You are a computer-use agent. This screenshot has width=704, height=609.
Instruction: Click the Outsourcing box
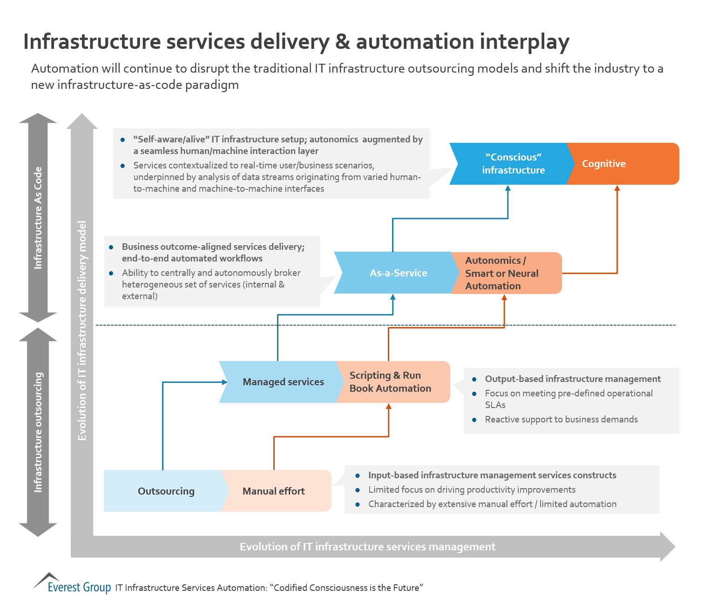[166, 491]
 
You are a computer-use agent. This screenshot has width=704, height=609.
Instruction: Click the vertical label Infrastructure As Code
[38, 218]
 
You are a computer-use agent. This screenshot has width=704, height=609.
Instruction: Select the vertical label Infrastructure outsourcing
[38, 432]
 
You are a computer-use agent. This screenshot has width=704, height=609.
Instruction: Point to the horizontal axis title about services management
[367, 547]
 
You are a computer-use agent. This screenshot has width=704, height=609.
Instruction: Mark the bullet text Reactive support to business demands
[561, 419]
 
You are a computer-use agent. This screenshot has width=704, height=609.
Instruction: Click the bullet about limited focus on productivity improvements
[471, 489]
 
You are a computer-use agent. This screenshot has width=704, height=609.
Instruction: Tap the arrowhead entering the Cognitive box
[617, 188]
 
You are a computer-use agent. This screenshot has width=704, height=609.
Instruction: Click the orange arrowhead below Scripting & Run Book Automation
[389, 407]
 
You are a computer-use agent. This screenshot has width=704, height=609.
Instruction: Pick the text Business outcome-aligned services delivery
[213, 247]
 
